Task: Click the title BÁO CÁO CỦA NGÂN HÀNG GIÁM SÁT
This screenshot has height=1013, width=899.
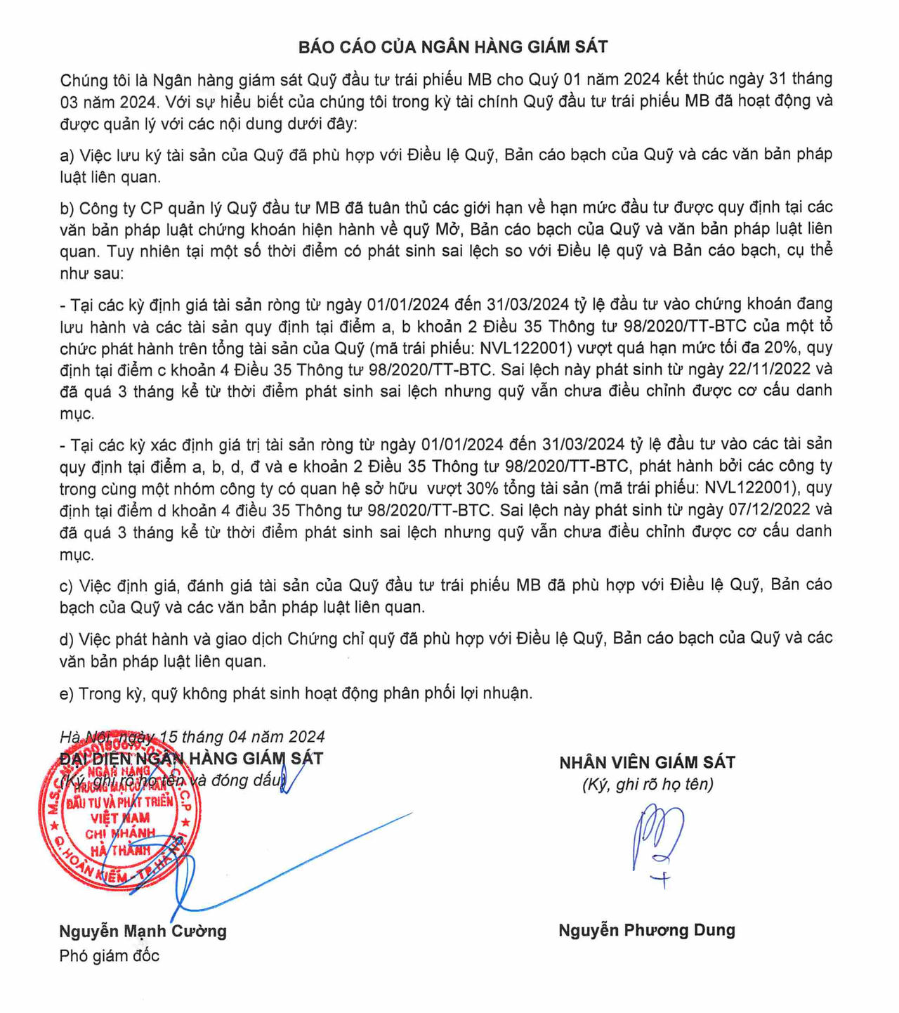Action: [453, 47]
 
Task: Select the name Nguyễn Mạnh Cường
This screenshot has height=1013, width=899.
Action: [143, 932]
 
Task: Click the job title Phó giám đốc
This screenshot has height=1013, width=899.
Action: [110, 955]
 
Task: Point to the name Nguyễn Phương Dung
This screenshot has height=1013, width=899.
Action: [647, 931]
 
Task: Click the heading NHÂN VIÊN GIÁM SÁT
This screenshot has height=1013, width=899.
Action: [647, 762]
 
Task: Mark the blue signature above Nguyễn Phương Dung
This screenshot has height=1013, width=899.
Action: [657, 843]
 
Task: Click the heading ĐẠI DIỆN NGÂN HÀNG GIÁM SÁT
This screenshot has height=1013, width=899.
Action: [191, 759]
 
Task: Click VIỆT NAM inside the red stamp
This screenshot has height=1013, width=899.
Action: [120, 818]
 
